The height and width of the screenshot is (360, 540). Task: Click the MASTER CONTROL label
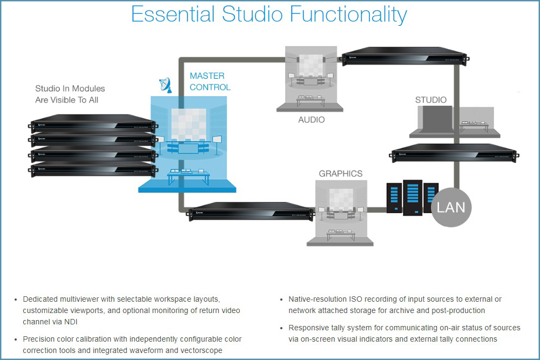coord(210,81)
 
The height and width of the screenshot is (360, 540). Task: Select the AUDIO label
coord(312,119)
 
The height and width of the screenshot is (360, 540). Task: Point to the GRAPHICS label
coord(341,174)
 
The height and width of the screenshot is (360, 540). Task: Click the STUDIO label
coord(431,100)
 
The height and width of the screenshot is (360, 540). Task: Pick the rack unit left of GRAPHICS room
coord(251,210)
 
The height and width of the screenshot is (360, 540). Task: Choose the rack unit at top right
coord(404,56)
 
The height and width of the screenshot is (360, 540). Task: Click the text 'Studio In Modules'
coord(70,89)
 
